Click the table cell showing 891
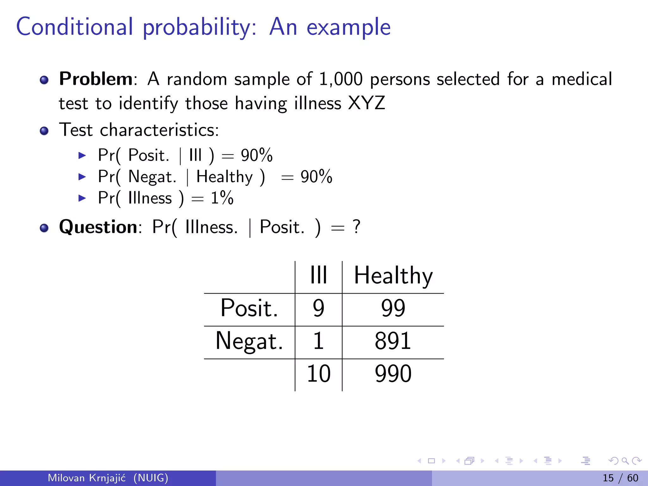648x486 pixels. coord(393,341)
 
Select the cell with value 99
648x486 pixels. coord(393,308)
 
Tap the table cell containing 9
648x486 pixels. coord(318,308)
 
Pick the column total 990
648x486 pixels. coord(393,374)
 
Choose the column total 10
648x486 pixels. coord(318,374)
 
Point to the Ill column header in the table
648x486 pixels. coord(318,275)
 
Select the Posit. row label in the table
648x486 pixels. coord(249,308)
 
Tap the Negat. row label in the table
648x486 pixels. coord(249,341)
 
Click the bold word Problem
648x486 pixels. coord(96,79)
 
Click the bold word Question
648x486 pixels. coord(98,227)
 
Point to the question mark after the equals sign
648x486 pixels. coord(357,227)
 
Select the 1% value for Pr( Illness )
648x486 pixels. coord(222,198)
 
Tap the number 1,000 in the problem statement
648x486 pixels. coord(340,79)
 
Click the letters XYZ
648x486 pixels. coord(366,103)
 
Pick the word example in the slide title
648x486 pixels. coord(349,27)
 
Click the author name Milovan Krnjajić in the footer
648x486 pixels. coord(86,478)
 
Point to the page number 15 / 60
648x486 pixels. coord(620,478)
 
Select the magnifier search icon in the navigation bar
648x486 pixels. coord(625,461)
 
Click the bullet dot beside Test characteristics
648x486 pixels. coord(44,131)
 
